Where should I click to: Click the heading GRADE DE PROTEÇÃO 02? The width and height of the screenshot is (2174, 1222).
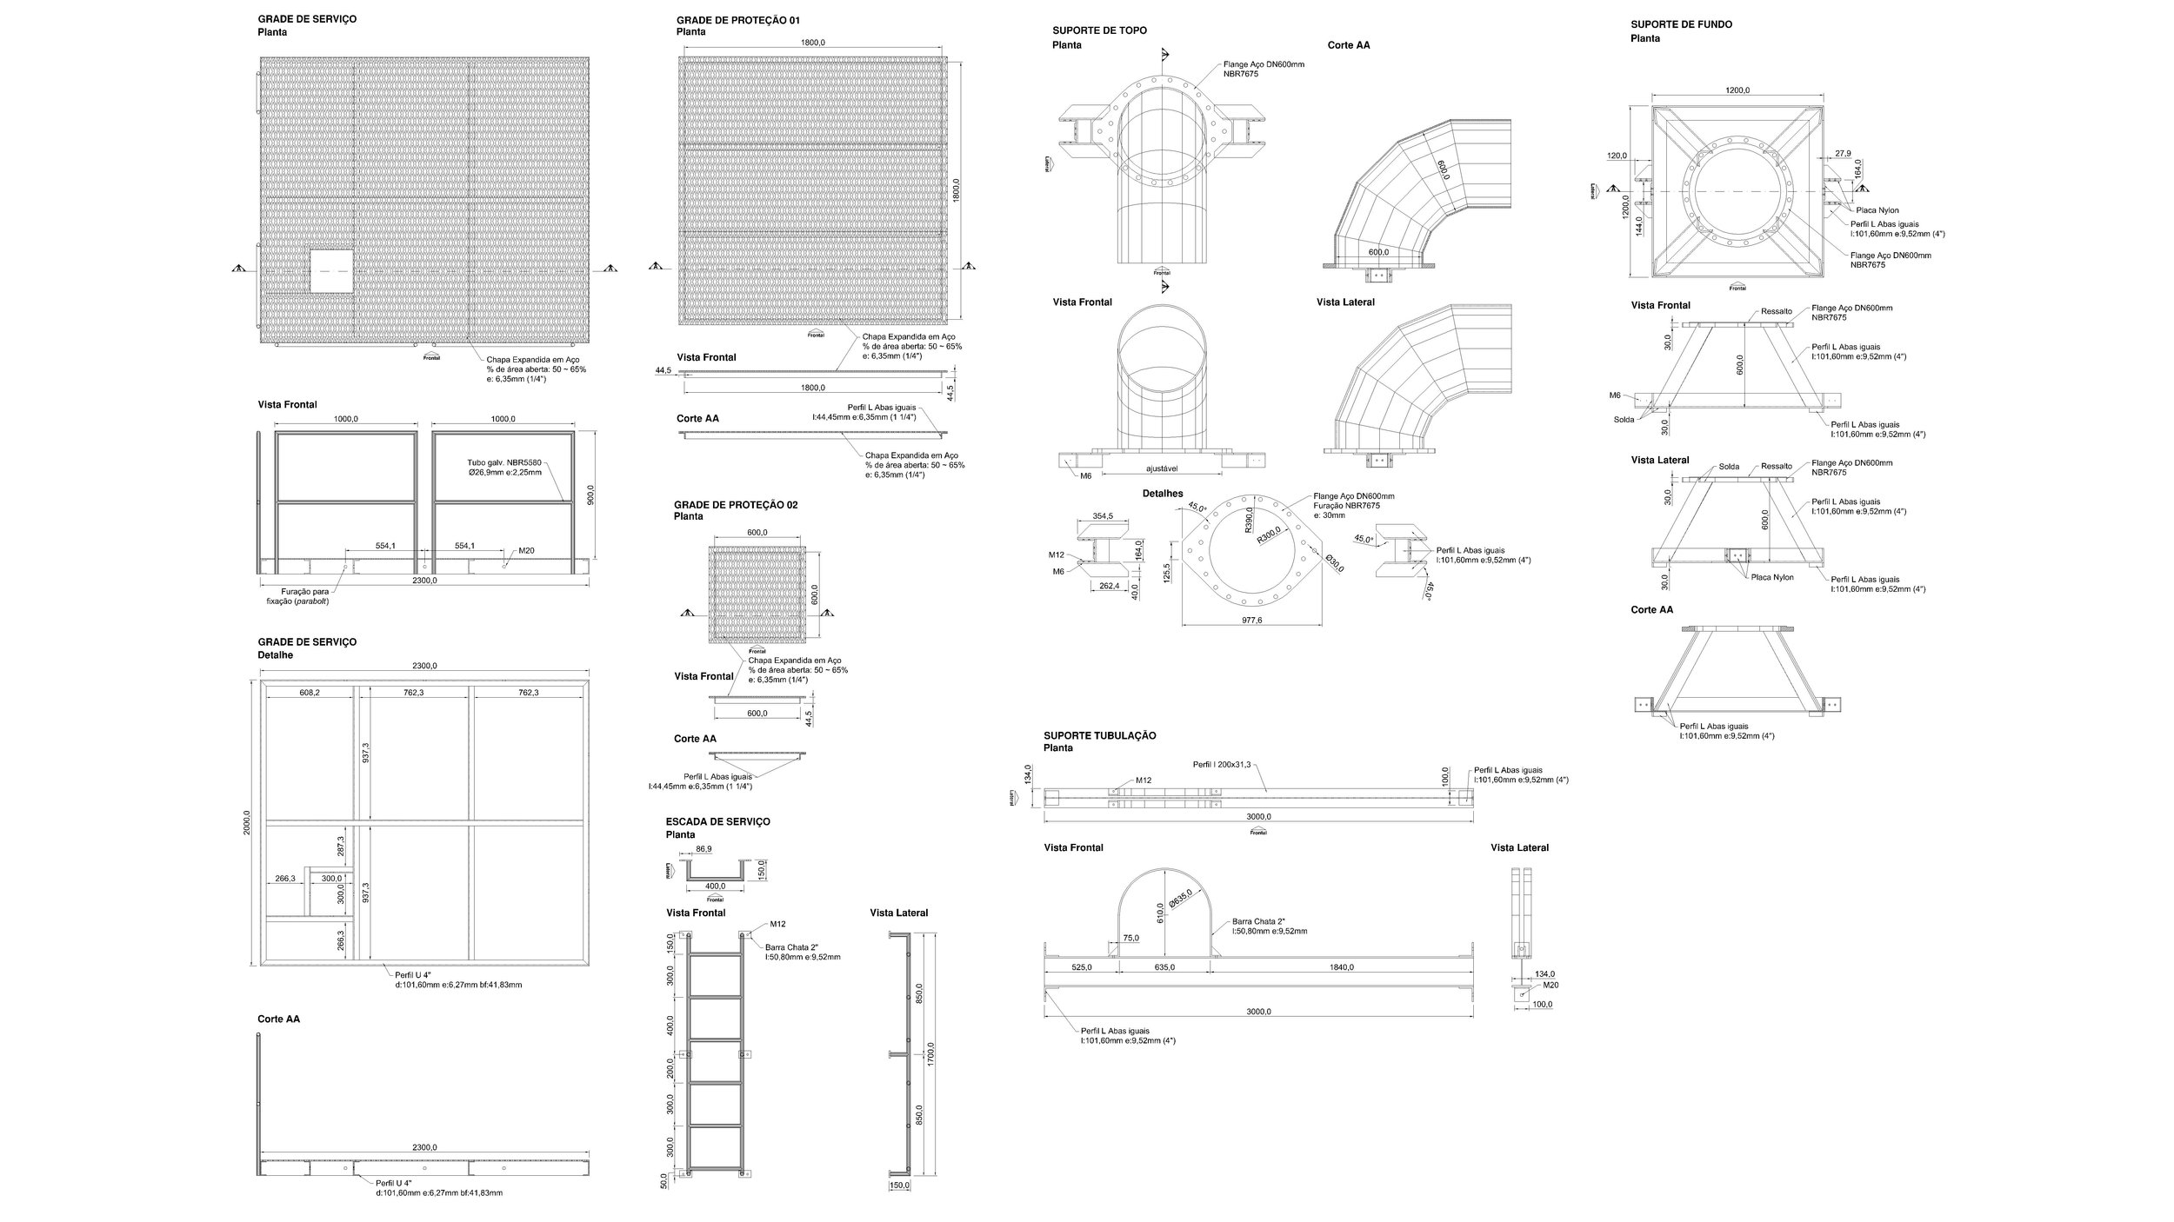[735, 505]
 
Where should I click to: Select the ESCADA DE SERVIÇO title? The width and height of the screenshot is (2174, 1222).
[717, 821]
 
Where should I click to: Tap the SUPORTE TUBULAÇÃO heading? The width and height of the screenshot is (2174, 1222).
[1100, 735]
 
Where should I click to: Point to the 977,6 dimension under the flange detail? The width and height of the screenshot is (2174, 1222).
[1252, 621]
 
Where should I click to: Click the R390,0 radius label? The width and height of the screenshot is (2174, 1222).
[1248, 521]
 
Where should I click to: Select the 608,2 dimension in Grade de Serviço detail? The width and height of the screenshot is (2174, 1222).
[309, 693]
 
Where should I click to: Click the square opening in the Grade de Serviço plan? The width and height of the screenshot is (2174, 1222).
[332, 271]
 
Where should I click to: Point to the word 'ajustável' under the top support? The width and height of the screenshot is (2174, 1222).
[1163, 468]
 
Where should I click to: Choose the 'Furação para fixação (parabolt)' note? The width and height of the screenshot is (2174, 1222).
[297, 596]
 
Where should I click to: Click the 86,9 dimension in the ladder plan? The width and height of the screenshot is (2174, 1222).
[704, 849]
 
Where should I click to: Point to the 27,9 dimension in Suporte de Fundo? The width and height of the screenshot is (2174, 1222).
[1843, 153]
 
